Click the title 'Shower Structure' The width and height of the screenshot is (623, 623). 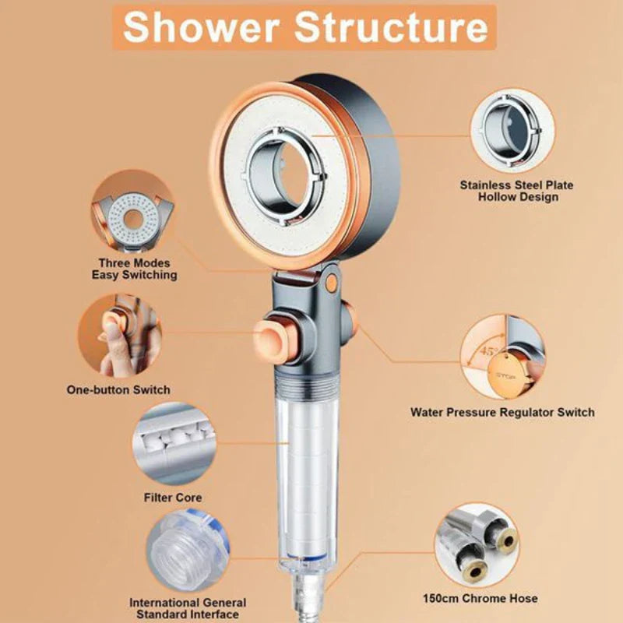pyautogui.click(x=304, y=27)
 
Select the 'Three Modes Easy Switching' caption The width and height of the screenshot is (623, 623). pyautogui.click(x=134, y=269)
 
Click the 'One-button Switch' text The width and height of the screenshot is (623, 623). pyautogui.click(x=118, y=389)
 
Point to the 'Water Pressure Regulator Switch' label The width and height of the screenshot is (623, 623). pyautogui.click(x=502, y=412)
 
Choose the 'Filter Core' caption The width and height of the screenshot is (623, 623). pyautogui.click(x=173, y=497)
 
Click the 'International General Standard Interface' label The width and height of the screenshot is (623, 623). pyautogui.click(x=188, y=608)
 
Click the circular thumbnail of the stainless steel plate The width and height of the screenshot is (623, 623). pyautogui.click(x=512, y=129)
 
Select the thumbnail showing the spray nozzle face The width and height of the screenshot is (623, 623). pyautogui.click(x=133, y=213)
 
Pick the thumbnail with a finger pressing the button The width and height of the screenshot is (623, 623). pyautogui.click(x=121, y=335)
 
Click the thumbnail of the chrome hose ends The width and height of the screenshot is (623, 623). pyautogui.click(x=477, y=544)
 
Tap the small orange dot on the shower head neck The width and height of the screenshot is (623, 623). pyautogui.click(x=332, y=283)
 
